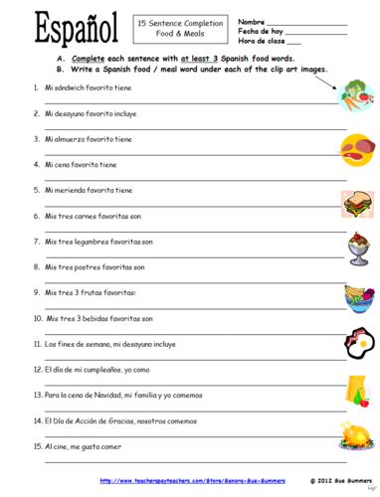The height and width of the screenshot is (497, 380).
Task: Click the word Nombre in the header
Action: click(251, 20)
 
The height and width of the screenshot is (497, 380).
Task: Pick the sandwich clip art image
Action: click(357, 205)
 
